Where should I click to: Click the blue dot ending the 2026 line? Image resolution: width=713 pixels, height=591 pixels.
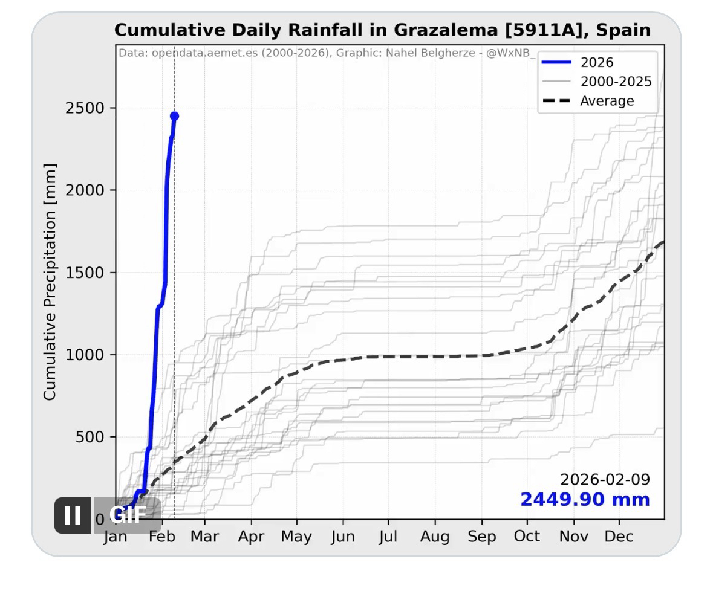(x=174, y=116)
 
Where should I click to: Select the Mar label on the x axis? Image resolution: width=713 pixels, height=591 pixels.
(x=204, y=537)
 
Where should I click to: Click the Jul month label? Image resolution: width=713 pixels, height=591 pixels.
(x=388, y=537)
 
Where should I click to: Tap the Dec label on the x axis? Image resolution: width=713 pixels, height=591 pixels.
(x=619, y=537)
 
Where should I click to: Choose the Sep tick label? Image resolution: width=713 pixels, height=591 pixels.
(x=482, y=537)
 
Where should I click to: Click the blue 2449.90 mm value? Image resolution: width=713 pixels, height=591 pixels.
(x=585, y=500)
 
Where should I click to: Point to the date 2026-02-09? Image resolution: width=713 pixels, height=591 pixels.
(x=605, y=480)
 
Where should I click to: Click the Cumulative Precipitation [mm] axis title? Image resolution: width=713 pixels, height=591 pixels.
(x=50, y=282)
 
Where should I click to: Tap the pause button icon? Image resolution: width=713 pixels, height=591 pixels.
(x=72, y=515)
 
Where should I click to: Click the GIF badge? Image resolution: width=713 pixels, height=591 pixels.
(x=128, y=515)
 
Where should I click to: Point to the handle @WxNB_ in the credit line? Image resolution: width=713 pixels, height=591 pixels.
(x=511, y=53)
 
